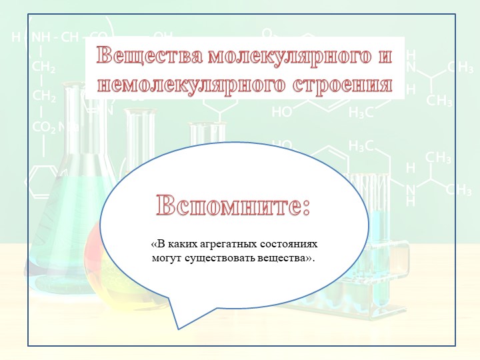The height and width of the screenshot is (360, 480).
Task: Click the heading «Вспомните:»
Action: (x=234, y=205)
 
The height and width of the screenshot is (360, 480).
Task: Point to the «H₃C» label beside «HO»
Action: (x=361, y=113)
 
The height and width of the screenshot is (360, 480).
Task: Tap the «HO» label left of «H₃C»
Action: (x=281, y=113)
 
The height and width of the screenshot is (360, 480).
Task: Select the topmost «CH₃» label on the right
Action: (x=460, y=67)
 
